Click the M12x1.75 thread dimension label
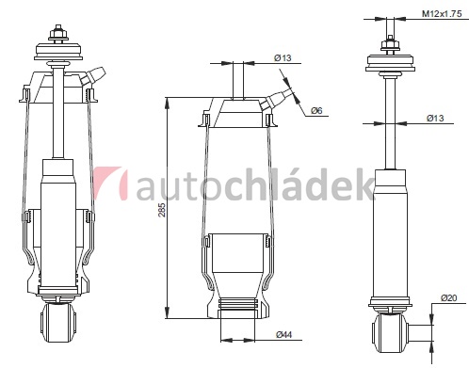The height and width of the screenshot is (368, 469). click(442, 14)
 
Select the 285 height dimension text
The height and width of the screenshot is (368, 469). click(161, 210)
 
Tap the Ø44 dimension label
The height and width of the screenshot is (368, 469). click(284, 335)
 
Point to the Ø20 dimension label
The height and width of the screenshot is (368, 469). click(448, 297)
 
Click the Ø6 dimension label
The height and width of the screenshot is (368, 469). click(316, 110)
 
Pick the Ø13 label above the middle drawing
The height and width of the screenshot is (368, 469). click(283, 57)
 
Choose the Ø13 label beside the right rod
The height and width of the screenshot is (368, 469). click(435, 118)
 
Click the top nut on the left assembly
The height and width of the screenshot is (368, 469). click(58, 34)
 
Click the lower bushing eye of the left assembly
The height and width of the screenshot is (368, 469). click(58, 323)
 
